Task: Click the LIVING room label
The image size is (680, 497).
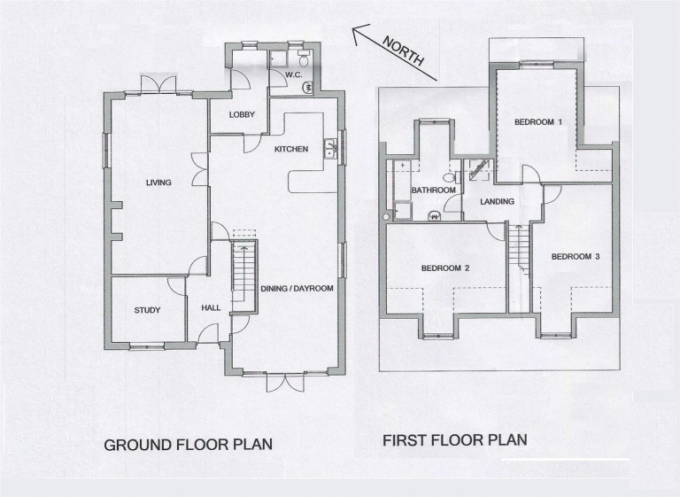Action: click(x=158, y=182)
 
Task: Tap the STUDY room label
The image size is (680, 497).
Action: click(x=148, y=310)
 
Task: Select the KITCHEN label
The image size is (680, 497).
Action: click(x=291, y=150)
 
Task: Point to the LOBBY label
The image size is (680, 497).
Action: click(x=242, y=114)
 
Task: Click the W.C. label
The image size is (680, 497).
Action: click(x=294, y=74)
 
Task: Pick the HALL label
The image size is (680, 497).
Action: click(x=211, y=307)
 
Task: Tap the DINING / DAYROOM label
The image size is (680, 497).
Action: click(x=297, y=288)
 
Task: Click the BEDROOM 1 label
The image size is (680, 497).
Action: click(x=538, y=122)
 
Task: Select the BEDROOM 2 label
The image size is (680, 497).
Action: click(x=445, y=268)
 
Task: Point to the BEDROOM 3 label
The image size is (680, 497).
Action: click(x=576, y=257)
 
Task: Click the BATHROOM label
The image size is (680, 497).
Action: click(x=434, y=190)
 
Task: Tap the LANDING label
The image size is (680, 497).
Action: click(x=498, y=201)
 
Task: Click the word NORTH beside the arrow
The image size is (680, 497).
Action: click(x=404, y=50)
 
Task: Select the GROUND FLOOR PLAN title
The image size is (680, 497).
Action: click(x=189, y=445)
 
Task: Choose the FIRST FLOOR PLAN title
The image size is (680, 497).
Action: click(x=455, y=440)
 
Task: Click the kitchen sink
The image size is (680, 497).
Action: click(x=330, y=149)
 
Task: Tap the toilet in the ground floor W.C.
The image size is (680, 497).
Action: click(x=304, y=58)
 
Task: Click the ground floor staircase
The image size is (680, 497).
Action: click(x=243, y=275)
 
